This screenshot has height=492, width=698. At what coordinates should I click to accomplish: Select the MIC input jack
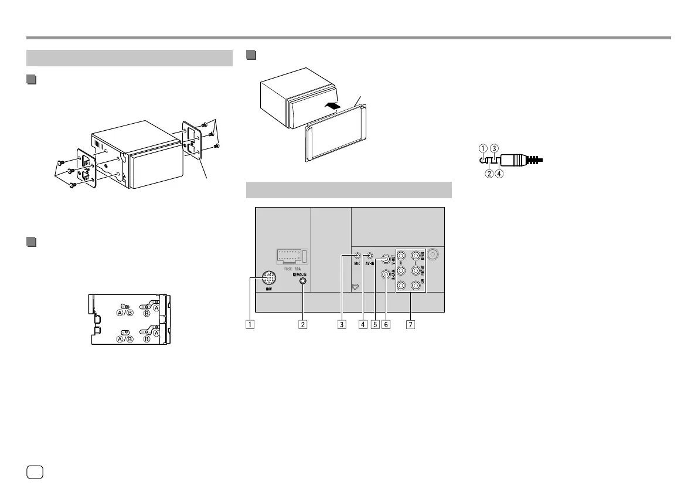tap(357, 256)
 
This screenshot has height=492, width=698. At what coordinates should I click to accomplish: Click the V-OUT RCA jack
tap(386, 259)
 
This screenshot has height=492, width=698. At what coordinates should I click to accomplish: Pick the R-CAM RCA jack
tap(386, 273)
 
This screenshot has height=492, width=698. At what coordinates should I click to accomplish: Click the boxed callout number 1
tap(250, 323)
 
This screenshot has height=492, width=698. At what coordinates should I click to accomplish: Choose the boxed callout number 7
tap(410, 323)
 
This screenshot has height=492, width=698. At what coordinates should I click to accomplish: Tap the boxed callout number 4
tap(363, 323)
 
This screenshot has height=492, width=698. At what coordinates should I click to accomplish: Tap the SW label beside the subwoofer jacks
tap(424, 287)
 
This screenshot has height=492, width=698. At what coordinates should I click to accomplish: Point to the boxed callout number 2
tap(302, 323)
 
